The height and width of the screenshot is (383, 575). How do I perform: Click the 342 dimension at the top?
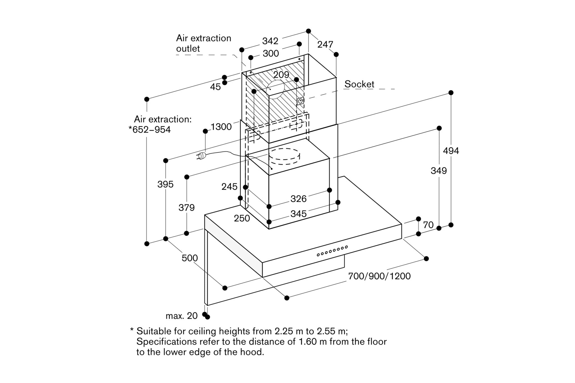point(270,41)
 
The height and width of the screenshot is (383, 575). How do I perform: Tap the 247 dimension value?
point(325,44)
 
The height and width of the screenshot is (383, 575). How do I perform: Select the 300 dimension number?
point(271,53)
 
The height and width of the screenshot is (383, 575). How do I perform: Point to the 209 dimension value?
point(281,74)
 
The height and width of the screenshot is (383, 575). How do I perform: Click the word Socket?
point(359,84)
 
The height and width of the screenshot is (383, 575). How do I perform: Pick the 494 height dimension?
point(451,151)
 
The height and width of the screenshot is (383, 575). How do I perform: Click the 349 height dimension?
point(439,170)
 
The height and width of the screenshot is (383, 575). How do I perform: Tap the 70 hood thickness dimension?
point(428,225)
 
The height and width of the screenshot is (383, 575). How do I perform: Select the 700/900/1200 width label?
point(379,276)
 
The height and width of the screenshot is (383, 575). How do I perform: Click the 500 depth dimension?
point(190,258)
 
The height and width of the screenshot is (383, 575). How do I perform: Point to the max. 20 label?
point(182,316)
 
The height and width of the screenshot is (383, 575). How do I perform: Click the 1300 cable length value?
point(221,127)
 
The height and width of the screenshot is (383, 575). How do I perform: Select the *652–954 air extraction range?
point(150,130)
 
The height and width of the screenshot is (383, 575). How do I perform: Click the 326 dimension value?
point(298,199)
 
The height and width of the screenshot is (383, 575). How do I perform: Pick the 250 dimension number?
point(242,218)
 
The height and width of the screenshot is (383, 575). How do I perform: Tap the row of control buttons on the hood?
point(332,251)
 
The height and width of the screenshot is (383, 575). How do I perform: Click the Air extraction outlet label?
point(204,43)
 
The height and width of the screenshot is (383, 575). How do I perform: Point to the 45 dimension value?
point(215,87)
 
